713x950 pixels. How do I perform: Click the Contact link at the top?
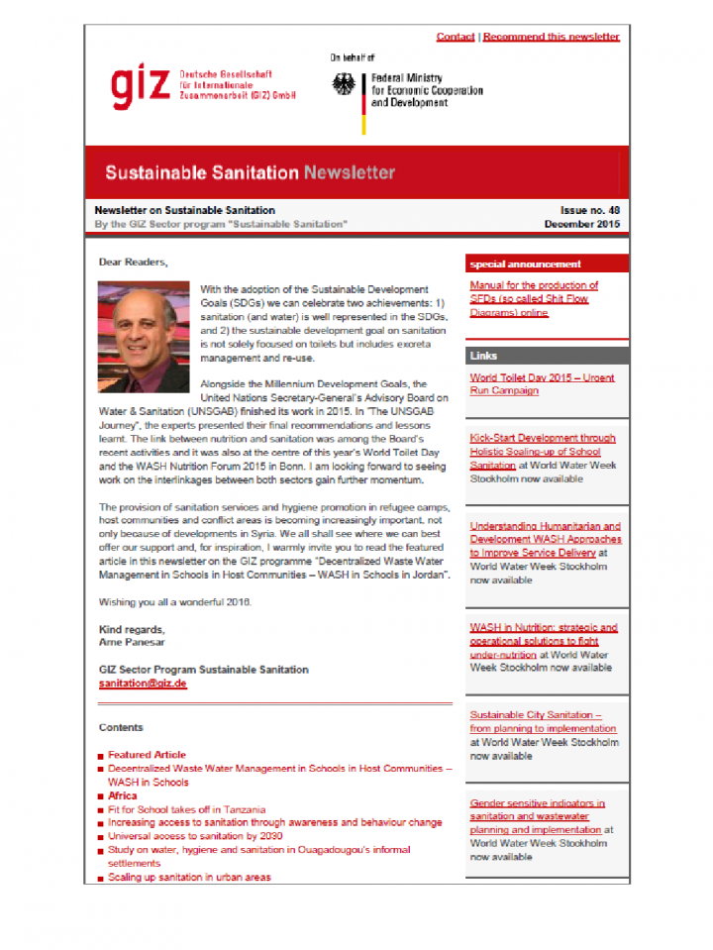pyautogui.click(x=455, y=37)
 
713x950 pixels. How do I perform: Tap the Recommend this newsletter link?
pyautogui.click(x=551, y=37)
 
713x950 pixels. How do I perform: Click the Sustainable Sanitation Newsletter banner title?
pyautogui.click(x=250, y=172)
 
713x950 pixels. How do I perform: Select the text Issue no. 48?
pyautogui.click(x=590, y=211)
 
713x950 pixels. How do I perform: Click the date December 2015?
pyautogui.click(x=582, y=225)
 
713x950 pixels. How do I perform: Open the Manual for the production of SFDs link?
pyautogui.click(x=534, y=298)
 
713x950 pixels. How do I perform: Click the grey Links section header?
pyautogui.click(x=484, y=356)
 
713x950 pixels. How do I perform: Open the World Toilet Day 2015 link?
pyautogui.click(x=541, y=383)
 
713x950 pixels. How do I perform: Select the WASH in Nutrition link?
pyautogui.click(x=543, y=640)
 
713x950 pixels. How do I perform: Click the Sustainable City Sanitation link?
pyautogui.click(x=536, y=721)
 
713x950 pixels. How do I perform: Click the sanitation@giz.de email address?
pyautogui.click(x=143, y=684)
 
